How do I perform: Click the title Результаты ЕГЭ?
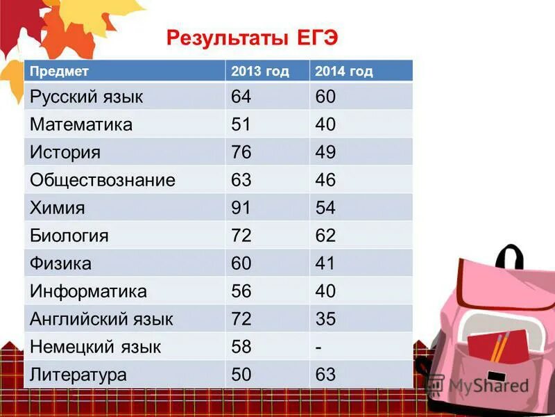tap(252, 37)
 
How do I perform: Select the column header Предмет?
tap(59, 71)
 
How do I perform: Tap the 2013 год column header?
tap(259, 71)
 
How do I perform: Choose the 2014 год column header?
tap(343, 71)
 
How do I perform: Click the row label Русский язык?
tap(86, 97)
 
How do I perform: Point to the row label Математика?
tap(80, 124)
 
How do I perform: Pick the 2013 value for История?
tap(241, 152)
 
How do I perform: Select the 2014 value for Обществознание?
tap(325, 180)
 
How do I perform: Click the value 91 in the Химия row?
tap(241, 208)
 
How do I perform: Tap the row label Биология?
tap(69, 236)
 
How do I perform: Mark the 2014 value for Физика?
tap(325, 263)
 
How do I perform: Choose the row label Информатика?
tap(88, 291)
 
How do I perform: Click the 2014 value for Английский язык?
tap(325, 319)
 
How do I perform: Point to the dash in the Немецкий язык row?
tap(318, 347)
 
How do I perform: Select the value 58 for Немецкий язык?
tap(241, 347)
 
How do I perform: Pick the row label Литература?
tap(78, 375)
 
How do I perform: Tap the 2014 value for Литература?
tap(325, 375)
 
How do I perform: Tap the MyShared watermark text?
tap(488, 386)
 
